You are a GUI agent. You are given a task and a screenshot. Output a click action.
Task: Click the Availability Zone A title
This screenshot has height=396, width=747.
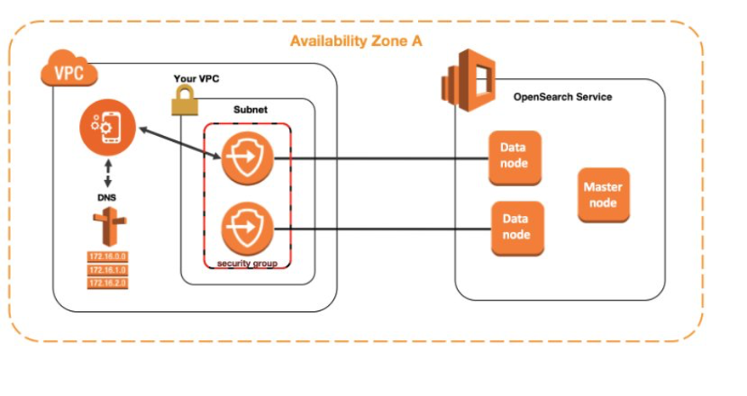click(356, 41)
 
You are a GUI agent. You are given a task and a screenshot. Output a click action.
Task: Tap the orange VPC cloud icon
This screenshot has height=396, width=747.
click(69, 71)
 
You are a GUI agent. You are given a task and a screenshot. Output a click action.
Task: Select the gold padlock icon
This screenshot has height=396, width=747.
click(184, 102)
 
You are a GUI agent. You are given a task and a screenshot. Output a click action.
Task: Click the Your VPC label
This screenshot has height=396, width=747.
click(196, 79)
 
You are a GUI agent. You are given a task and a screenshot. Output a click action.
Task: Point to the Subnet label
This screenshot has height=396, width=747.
click(252, 110)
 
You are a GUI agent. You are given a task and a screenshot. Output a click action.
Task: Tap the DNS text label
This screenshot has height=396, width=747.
click(107, 198)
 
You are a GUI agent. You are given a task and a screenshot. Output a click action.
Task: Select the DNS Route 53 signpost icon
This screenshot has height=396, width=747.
click(109, 227)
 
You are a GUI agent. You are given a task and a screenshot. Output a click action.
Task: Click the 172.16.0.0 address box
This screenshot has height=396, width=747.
click(107, 256)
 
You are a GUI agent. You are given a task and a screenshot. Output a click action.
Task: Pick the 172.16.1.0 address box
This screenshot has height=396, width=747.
click(107, 269)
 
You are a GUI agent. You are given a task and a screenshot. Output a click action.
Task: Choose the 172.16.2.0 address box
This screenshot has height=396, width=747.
click(107, 283)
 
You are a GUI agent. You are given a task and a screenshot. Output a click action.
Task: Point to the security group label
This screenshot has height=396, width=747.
click(247, 263)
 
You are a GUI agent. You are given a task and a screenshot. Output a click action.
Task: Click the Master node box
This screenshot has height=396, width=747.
click(603, 195)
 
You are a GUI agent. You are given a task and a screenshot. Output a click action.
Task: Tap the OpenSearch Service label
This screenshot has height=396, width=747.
click(563, 97)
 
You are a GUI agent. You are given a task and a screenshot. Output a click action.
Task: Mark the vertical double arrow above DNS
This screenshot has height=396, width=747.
click(108, 173)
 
